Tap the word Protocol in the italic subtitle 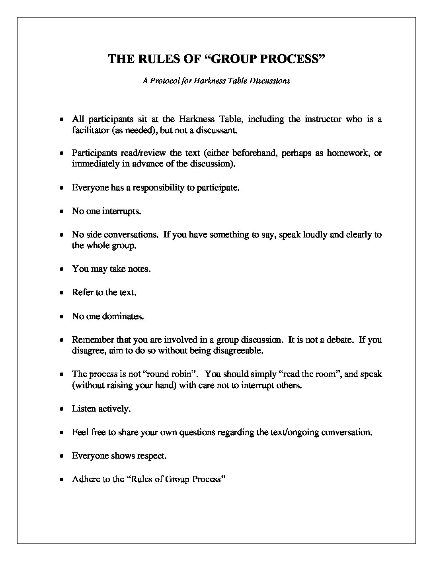pyautogui.click(x=165, y=80)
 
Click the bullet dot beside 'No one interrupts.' pyautogui.click(x=61, y=211)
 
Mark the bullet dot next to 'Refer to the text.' pyautogui.click(x=61, y=293)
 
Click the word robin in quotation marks pyautogui.click(x=183, y=374)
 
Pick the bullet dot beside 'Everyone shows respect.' pyautogui.click(x=61, y=456)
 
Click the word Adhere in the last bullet pyautogui.click(x=85, y=479)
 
